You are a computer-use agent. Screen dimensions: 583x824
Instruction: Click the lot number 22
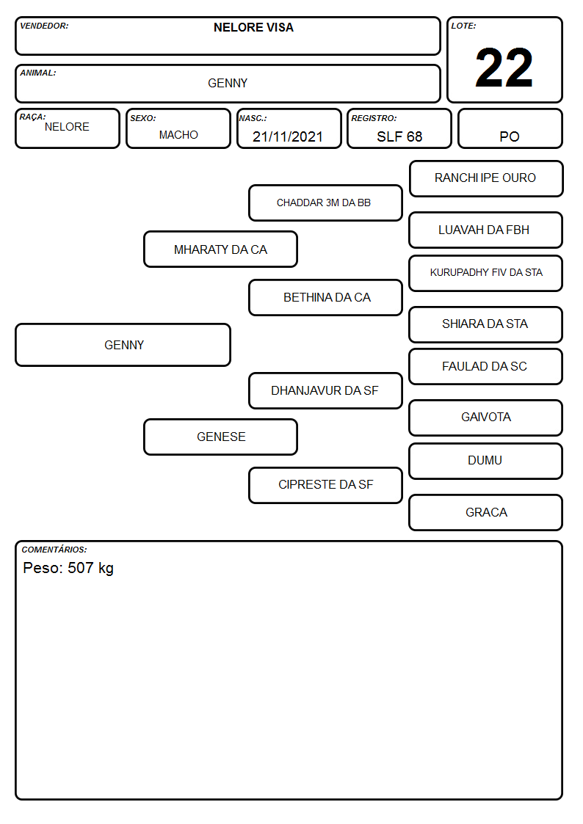[504, 68]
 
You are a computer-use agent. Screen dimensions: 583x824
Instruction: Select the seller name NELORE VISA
[253, 28]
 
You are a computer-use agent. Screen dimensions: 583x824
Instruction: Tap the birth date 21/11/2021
[288, 136]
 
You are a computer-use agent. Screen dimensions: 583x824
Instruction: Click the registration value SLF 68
[399, 136]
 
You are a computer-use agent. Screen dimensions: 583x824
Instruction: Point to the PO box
[510, 128]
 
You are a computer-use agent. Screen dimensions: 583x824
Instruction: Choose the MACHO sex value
[178, 135]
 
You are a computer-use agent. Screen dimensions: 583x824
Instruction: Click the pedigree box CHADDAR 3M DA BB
[325, 203]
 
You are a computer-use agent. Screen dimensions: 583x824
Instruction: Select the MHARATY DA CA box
[221, 249]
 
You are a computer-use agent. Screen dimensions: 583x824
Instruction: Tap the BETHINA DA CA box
[325, 297]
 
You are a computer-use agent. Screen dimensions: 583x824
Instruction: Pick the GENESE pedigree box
[221, 437]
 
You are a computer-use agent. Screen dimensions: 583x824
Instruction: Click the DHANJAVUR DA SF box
[325, 390]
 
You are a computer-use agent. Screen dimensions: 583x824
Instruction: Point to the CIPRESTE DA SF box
[325, 485]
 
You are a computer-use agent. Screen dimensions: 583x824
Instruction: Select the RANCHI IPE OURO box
[486, 179]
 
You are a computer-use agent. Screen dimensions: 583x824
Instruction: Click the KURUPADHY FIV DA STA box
[486, 273]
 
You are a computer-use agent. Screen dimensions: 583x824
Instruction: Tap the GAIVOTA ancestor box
[486, 418]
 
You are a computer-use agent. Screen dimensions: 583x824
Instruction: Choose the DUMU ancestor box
[486, 461]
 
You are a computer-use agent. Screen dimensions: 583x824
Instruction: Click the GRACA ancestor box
[486, 512]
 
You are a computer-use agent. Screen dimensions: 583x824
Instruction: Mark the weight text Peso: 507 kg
[68, 569]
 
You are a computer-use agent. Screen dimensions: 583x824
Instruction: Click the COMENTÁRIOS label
[54, 550]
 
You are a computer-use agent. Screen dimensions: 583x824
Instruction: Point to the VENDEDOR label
[44, 26]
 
